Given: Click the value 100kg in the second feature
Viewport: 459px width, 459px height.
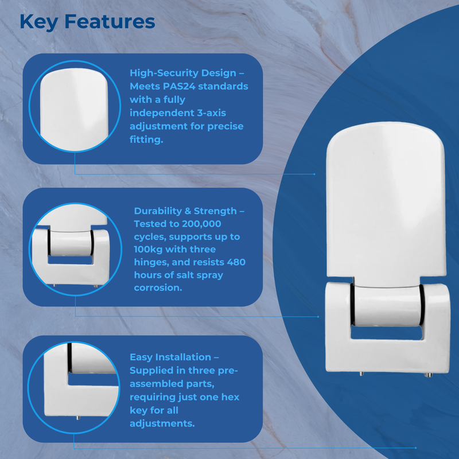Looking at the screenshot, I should tap(152, 250).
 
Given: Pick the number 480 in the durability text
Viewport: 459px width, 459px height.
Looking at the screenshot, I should tap(233, 262).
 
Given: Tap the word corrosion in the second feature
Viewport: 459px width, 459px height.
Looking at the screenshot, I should tap(157, 288).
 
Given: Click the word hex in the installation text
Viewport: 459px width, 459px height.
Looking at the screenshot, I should tap(231, 397).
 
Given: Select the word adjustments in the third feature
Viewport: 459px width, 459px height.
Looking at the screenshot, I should tap(162, 423).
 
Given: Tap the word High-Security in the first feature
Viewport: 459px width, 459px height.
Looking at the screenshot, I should tap(166, 73).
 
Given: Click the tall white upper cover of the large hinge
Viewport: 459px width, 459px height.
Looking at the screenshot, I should tap(385, 201).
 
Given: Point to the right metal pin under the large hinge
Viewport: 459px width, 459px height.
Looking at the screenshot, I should tap(427, 375).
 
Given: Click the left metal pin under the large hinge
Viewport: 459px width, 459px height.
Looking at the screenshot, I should tap(360, 374).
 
